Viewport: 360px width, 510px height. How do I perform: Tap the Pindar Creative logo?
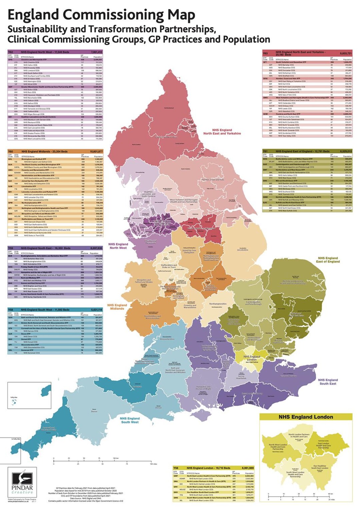(22, 482)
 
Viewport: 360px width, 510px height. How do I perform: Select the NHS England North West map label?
(118, 246)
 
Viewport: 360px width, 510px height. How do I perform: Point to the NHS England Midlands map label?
(117, 306)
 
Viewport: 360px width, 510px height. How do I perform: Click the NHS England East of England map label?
(328, 260)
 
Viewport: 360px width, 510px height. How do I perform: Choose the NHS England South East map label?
(328, 381)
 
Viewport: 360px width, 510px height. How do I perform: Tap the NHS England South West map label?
(130, 420)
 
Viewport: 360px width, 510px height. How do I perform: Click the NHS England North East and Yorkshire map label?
(222, 132)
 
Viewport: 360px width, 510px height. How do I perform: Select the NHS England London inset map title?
(306, 417)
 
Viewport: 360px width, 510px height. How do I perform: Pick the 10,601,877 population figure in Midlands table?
(96, 152)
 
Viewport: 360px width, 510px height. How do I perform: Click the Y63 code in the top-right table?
(265, 53)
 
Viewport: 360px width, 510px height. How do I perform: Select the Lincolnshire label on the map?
(242, 249)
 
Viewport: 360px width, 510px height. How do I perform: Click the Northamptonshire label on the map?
(218, 304)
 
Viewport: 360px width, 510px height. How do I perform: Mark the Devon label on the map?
(94, 411)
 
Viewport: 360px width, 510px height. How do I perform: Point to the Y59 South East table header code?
(11, 248)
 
